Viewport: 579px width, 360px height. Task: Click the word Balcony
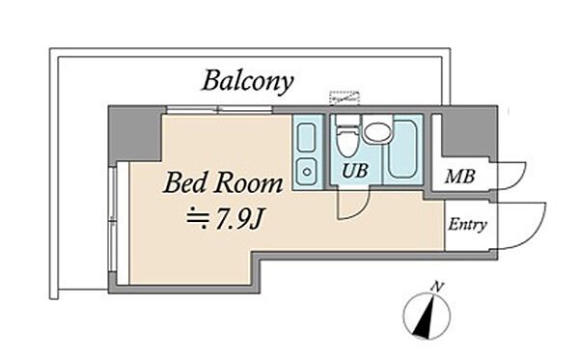pos(247,81)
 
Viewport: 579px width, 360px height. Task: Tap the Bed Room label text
pos(223,183)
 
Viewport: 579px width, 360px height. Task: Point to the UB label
pos(355,171)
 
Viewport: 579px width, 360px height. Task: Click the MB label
pos(459,177)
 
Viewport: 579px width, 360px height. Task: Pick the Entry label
pos(467,225)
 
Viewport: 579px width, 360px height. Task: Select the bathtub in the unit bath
pos(402,149)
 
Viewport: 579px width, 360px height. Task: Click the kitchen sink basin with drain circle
pos(307,172)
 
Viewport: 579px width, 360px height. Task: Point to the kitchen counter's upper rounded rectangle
pos(307,137)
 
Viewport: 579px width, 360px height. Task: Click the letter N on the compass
pos(438,287)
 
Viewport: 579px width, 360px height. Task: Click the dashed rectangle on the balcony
pos(345,97)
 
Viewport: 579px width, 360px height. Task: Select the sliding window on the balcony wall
pos(219,110)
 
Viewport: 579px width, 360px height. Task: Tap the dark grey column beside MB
pos(470,132)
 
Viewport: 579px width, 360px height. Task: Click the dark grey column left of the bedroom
pos(135,133)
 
